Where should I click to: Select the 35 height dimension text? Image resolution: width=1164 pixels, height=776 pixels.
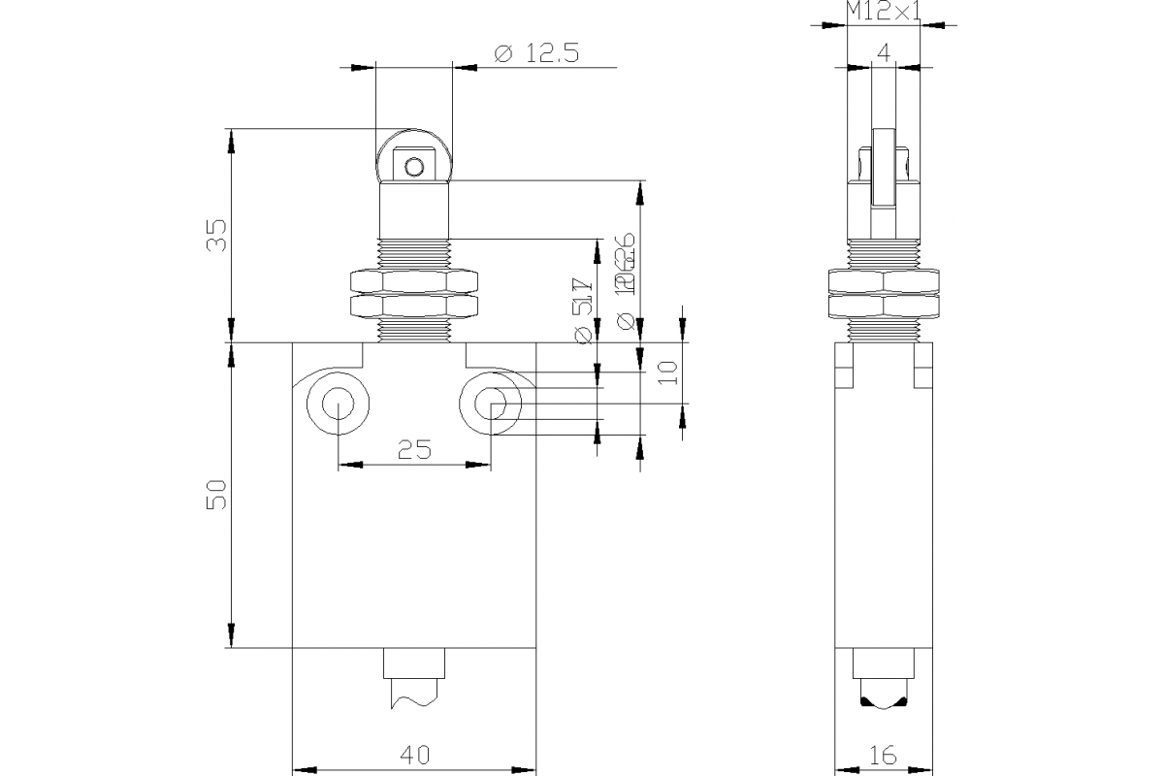[x=218, y=235]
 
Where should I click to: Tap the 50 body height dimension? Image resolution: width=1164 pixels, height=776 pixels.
[x=218, y=494]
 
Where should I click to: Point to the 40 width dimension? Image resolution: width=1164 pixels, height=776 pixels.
[x=414, y=754]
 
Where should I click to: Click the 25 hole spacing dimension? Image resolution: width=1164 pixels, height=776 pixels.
[x=414, y=449]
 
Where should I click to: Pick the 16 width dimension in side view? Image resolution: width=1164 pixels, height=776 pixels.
[x=883, y=754]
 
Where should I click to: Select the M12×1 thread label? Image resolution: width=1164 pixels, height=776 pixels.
[x=883, y=12]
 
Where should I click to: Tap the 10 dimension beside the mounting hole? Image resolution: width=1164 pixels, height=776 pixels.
[x=665, y=372]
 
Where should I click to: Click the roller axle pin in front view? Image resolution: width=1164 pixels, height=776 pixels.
[x=414, y=167]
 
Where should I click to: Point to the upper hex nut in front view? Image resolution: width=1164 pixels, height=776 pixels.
[x=414, y=281]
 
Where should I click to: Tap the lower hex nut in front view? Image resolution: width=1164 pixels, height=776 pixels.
[x=414, y=307]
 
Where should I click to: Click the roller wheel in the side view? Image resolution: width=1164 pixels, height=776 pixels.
[x=883, y=167]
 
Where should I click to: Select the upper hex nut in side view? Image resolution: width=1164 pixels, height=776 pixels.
[x=883, y=281]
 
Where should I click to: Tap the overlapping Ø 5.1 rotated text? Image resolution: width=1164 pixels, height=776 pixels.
[x=583, y=308]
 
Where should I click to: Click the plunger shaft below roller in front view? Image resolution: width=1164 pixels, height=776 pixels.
[x=414, y=210]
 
